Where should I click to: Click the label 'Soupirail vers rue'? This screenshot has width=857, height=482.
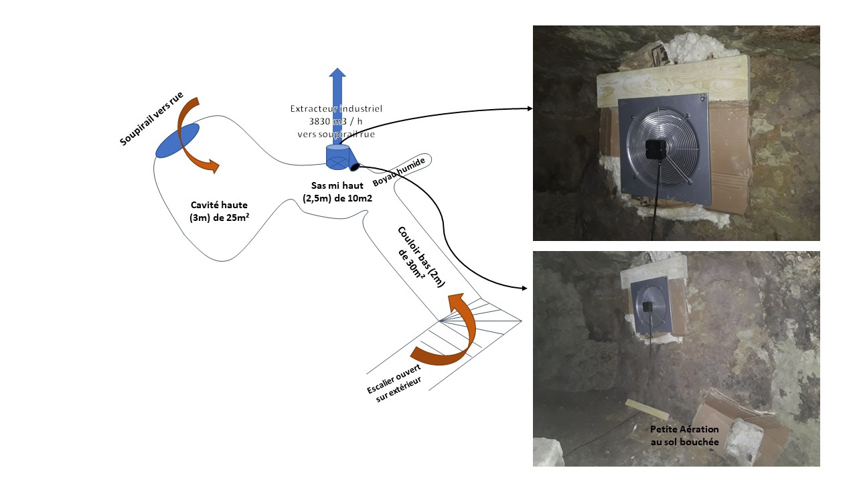click(x=151, y=119)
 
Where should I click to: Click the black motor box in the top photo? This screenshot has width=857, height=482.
click(x=654, y=149)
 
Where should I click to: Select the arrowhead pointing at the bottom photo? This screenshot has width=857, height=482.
click(x=524, y=289)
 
